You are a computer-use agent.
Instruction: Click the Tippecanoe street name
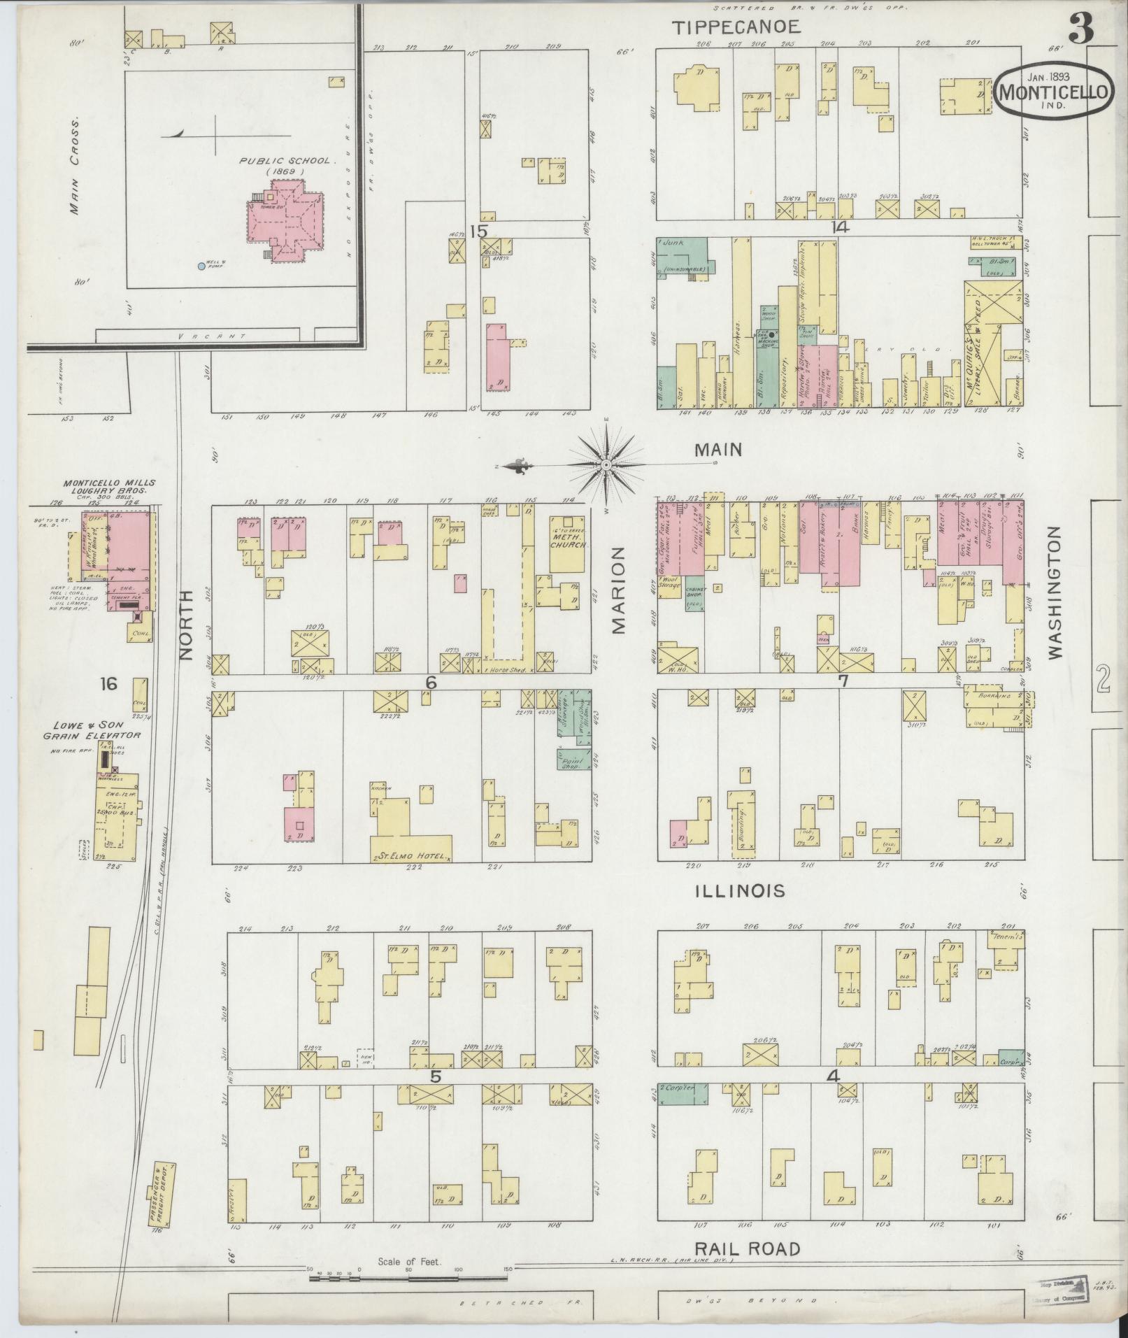pos(736,27)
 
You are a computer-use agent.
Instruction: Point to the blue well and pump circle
pos(201,266)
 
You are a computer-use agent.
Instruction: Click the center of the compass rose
pos(606,464)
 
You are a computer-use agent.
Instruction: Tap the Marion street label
pos(619,590)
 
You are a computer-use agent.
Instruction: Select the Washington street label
pos(1055,592)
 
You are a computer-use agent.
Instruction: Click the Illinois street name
pos(741,891)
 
